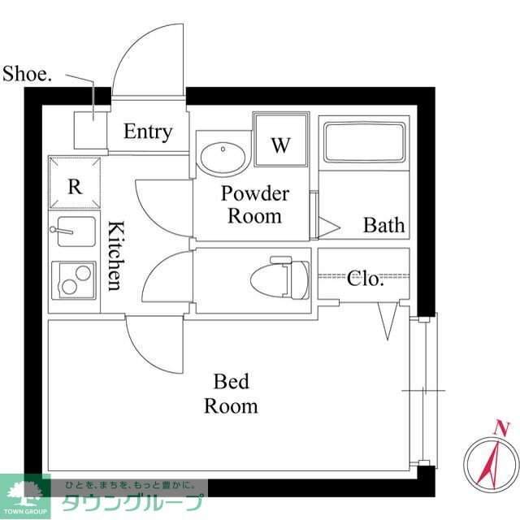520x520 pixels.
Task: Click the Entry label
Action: (148, 132)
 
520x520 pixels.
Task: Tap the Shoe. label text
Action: (27, 73)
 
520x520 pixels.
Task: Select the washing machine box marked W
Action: (281, 140)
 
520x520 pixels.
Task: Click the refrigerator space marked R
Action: (75, 183)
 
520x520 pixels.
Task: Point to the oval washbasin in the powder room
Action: (223, 159)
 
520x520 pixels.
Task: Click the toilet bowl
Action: (279, 279)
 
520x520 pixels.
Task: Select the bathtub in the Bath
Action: (365, 142)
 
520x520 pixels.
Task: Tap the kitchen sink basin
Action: (76, 231)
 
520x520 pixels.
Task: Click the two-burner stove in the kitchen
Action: (74, 280)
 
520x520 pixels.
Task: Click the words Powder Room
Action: (255, 205)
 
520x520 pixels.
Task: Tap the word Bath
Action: (384, 225)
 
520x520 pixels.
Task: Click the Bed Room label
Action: (231, 393)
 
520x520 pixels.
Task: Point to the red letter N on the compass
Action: (501, 428)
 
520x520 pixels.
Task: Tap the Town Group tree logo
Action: (25, 493)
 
